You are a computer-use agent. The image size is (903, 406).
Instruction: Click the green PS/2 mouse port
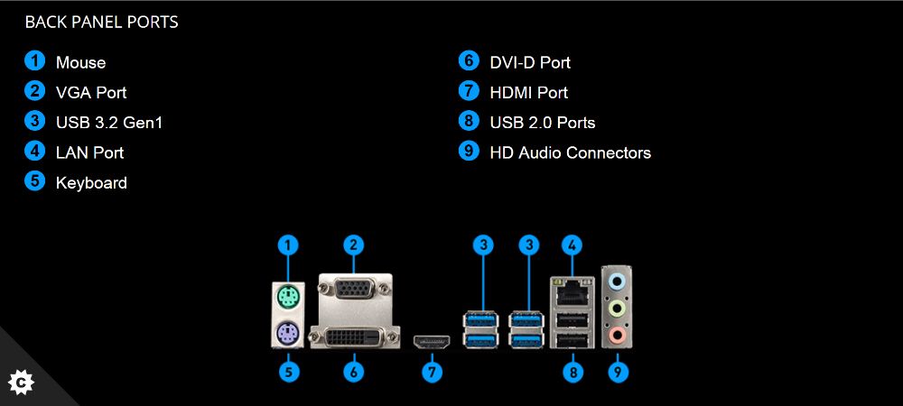point(288,297)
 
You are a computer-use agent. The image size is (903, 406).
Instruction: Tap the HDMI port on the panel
point(433,342)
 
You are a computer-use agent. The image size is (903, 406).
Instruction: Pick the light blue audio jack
point(618,281)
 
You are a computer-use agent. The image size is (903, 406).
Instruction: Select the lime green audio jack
point(618,309)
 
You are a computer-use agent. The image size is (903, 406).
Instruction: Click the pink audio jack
point(618,336)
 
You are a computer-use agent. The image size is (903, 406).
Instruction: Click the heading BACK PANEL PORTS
point(101,23)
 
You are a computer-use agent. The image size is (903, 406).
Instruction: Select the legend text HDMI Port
point(528,93)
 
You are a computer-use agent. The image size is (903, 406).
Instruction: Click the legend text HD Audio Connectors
point(570,153)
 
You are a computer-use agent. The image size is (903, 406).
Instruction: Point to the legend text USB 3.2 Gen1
point(108,123)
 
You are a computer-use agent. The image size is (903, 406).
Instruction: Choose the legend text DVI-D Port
point(529,63)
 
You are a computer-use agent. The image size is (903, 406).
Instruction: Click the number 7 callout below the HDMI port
point(433,371)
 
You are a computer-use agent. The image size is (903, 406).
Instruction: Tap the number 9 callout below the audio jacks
point(618,371)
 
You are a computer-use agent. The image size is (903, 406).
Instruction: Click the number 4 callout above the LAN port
point(571,244)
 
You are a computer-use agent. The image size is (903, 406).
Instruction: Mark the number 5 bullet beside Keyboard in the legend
point(35,181)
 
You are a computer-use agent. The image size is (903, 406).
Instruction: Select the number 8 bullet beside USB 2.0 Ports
point(468,121)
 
